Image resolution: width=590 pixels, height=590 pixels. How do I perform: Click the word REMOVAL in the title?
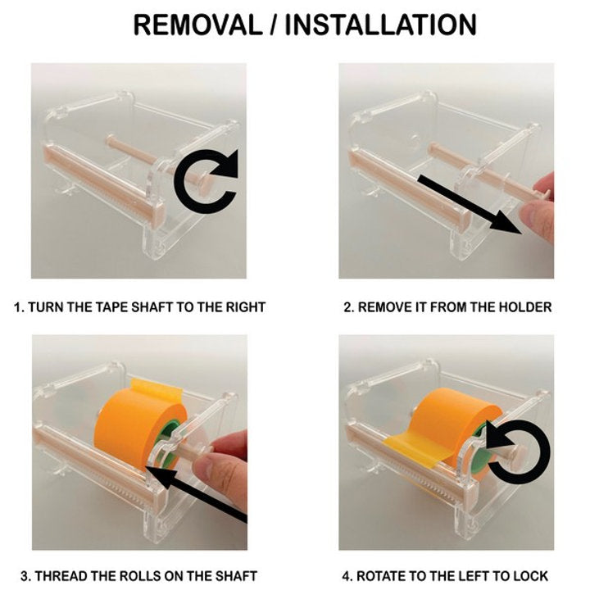(x=197, y=25)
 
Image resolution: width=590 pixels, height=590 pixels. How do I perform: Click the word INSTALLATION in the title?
(x=381, y=25)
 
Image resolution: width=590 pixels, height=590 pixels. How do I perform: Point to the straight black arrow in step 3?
(x=196, y=493)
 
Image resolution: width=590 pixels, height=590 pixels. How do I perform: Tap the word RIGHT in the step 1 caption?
(x=245, y=307)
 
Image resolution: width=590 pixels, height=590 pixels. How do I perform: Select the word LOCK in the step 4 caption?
(x=531, y=576)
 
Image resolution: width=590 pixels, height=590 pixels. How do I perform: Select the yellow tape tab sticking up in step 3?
(x=157, y=388)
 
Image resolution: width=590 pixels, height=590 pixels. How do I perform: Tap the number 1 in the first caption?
(x=17, y=307)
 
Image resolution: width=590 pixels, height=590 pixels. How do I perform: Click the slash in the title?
(x=274, y=25)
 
